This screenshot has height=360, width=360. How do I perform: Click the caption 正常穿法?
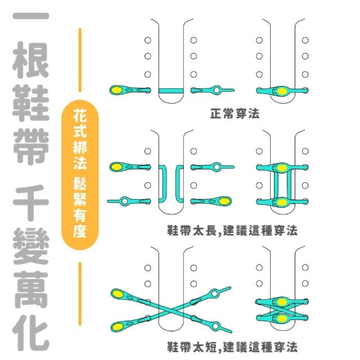coord(235,114)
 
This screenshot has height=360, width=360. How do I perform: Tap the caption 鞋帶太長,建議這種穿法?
coord(232,230)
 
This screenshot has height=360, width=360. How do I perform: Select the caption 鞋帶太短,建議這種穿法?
coord(232,346)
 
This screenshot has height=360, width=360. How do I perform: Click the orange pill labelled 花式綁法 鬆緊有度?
coord(80,174)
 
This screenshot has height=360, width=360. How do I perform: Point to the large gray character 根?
coord(30,60)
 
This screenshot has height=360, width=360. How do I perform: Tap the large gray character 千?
coord(30,202)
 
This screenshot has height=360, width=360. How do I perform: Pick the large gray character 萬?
coord(30,290)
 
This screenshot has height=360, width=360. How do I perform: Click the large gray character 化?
coord(30,333)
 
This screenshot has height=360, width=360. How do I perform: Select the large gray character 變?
coord(30,246)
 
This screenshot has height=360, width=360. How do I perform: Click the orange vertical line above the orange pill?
coord(80,60)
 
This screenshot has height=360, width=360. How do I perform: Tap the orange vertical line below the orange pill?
coord(80,294)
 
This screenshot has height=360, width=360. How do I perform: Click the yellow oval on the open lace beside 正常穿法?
coord(117,90)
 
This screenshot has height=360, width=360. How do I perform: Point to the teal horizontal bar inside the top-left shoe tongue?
coord(171,91)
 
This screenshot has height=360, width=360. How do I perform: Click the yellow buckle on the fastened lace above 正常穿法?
coord(282,91)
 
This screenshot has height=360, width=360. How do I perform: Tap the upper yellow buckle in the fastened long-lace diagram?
coord(282,168)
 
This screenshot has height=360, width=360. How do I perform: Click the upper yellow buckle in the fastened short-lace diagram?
coord(282,302)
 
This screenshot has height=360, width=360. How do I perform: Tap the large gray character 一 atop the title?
coord(30,16)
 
